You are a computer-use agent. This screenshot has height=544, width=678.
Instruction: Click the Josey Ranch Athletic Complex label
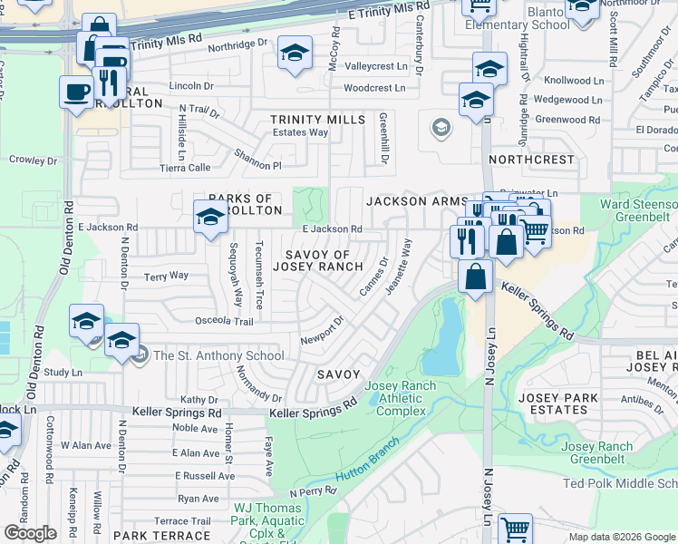click(x=400, y=399)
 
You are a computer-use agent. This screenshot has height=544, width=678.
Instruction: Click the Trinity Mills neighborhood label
click(x=317, y=120)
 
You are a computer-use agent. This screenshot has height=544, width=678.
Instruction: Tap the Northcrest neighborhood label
click(x=531, y=160)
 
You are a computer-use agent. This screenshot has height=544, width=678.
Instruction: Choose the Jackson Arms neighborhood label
click(x=416, y=201)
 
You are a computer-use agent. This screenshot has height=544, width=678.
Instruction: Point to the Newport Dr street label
click(x=323, y=330)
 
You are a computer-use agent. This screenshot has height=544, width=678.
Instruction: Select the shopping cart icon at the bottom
click(x=515, y=528)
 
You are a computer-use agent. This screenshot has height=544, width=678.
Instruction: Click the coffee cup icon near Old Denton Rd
click(x=76, y=91)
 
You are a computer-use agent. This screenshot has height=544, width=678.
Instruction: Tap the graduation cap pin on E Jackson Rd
click(x=210, y=219)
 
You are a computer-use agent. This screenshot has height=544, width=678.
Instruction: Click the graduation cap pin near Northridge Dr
click(x=295, y=53)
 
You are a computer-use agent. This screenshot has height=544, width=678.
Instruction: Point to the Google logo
click(x=30, y=533)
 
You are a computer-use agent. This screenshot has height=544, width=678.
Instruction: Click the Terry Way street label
click(x=167, y=276)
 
